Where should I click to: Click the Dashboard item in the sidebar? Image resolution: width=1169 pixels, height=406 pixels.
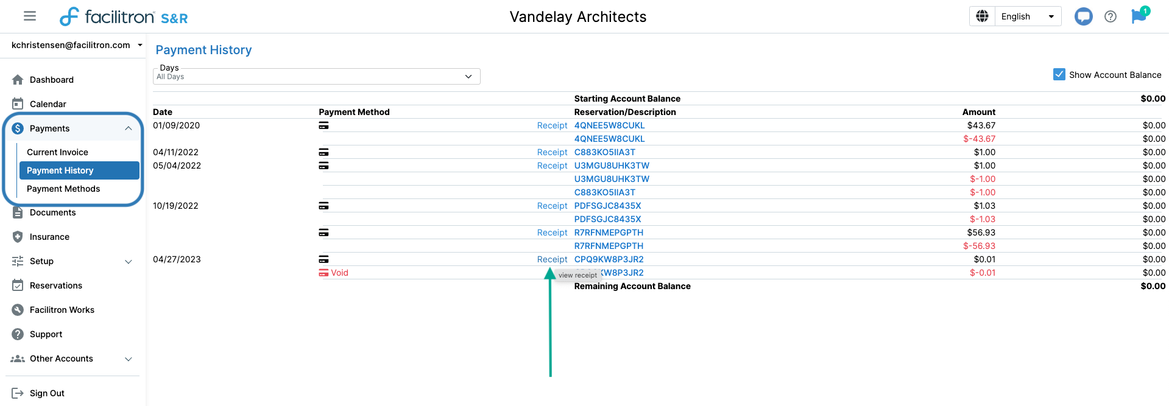[x=51, y=80]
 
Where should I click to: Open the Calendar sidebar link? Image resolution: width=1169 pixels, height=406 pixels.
[x=48, y=104]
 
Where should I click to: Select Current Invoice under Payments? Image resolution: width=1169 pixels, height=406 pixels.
[x=57, y=152]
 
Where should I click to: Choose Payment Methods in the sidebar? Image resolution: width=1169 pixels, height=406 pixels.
[x=63, y=189]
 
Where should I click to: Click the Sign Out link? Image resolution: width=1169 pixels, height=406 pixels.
[x=46, y=393]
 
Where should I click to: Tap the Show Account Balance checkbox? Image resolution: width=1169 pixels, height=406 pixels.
[x=1059, y=74]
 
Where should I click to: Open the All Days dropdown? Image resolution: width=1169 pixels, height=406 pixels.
[x=316, y=77]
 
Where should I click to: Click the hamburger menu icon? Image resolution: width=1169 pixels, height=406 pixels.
[x=30, y=16]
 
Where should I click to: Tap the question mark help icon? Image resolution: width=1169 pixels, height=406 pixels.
[x=1111, y=16]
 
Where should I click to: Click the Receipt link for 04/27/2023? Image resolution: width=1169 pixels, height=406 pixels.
[x=552, y=259]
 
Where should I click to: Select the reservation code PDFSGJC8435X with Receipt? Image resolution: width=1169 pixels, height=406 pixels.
[x=607, y=206]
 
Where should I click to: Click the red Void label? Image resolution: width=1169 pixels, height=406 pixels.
[x=339, y=273]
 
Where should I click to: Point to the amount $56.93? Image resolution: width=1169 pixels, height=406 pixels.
[x=981, y=233]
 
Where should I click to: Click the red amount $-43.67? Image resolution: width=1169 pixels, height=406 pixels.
[x=979, y=139]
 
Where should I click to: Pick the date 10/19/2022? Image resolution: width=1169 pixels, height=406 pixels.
[x=175, y=206]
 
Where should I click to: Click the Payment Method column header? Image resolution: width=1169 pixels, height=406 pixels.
[x=354, y=112]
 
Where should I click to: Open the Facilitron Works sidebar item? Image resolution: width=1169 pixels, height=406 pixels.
[x=62, y=310]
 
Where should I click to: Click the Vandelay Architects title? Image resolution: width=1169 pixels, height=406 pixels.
[x=577, y=16]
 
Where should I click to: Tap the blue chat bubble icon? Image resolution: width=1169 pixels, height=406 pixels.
[x=1083, y=16]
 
